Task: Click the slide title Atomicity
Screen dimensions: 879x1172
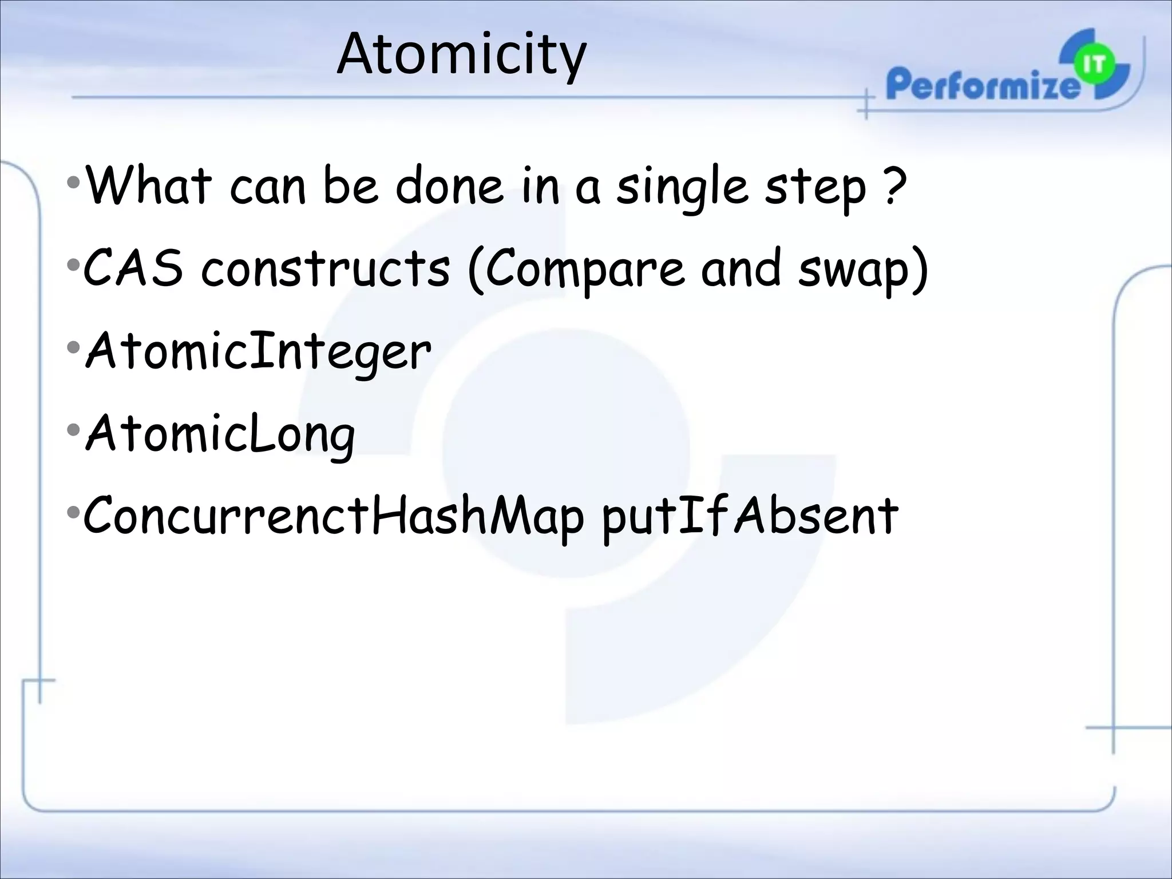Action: click(461, 55)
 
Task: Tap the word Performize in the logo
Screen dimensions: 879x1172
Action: click(982, 84)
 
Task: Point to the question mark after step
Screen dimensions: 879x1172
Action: click(894, 185)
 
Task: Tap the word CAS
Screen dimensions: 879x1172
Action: click(133, 268)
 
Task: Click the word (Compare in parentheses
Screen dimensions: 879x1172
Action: click(575, 269)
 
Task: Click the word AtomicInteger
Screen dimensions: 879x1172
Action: click(258, 351)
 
